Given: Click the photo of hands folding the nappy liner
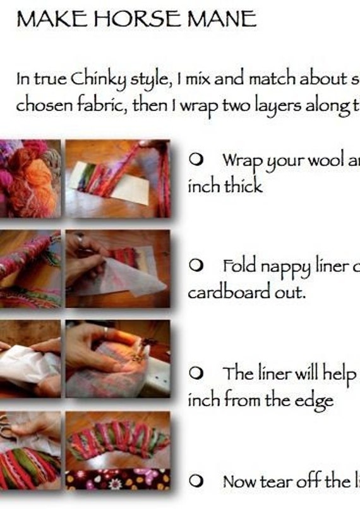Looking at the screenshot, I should click(117, 268).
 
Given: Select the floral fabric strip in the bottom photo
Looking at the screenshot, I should click(117, 479).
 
